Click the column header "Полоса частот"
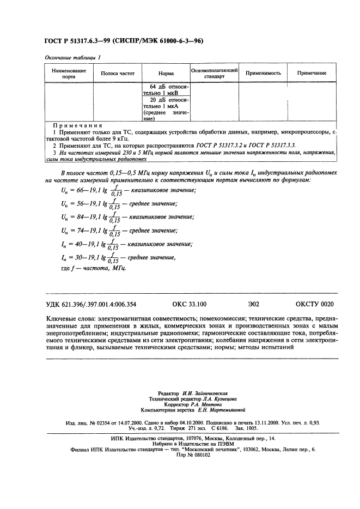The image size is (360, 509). pos(118,73)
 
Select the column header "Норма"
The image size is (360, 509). pos(166,73)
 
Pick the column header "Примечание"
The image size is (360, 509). pos(312,73)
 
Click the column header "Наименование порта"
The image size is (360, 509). pos(68,74)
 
